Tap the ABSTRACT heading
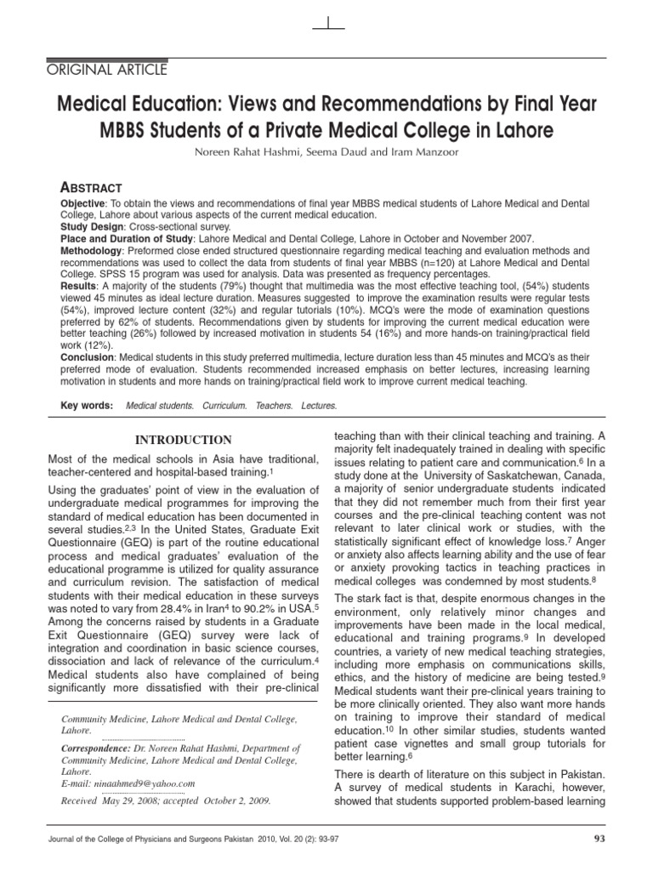(x=91, y=187)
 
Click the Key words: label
(x=87, y=406)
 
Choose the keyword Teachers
(x=274, y=406)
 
